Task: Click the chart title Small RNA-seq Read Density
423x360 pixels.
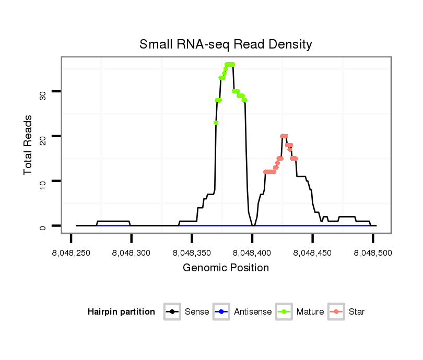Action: click(226, 44)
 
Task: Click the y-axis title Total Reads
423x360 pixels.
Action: click(28, 145)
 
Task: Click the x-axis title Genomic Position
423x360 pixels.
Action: click(226, 268)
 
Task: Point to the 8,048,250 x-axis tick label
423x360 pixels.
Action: click(71, 253)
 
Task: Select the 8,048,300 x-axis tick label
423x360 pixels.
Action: click(131, 253)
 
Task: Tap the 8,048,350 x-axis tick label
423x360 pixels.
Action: click(192, 253)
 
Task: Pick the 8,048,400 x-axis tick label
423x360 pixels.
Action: click(252, 253)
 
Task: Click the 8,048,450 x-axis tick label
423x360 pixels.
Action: click(312, 253)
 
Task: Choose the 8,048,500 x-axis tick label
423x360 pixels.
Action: click(372, 253)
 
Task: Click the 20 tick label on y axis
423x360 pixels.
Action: click(42, 136)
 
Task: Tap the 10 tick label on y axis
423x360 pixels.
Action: click(42, 181)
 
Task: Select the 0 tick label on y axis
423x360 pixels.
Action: click(42, 226)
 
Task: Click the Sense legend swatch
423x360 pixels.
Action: click(172, 312)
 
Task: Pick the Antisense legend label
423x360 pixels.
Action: click(252, 312)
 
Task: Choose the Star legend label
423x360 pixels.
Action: click(357, 312)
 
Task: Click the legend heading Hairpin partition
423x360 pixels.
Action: click(122, 312)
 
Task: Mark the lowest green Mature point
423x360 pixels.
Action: click(216, 123)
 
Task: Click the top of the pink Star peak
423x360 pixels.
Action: click(284, 136)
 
